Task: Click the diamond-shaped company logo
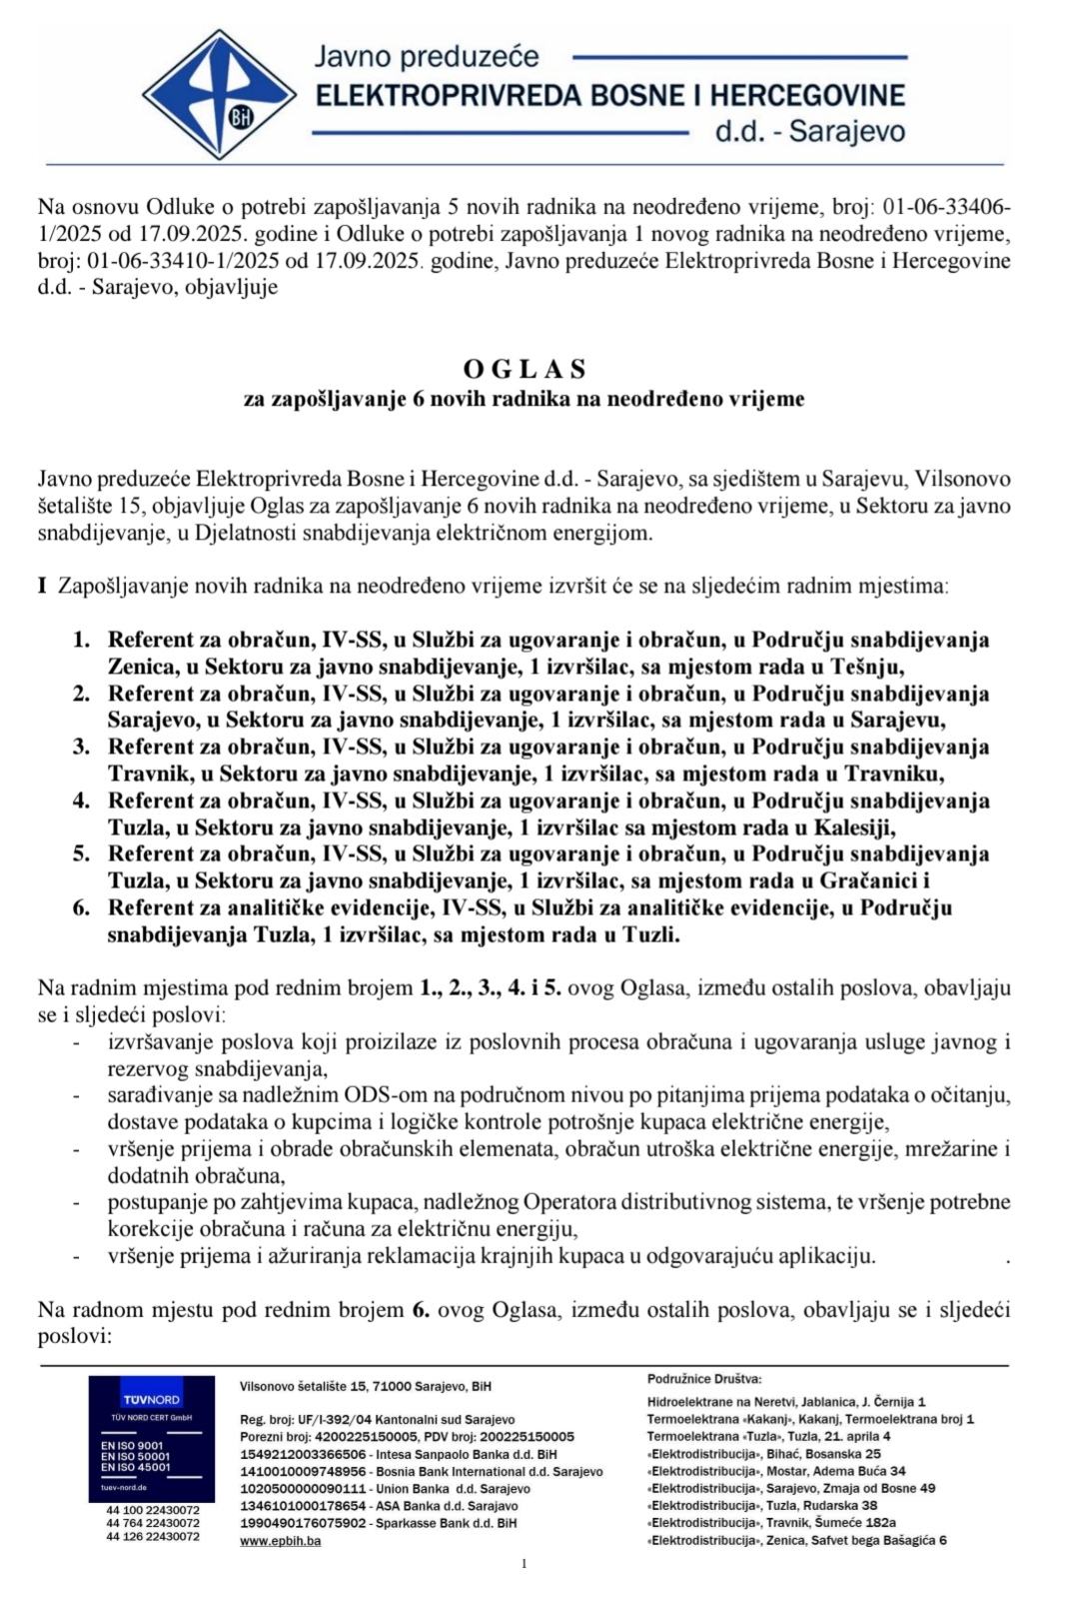pyautogui.click(x=219, y=95)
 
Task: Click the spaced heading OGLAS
pyautogui.click(x=525, y=370)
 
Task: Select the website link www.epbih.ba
pyautogui.click(x=281, y=1540)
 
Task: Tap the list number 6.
pyautogui.click(x=81, y=907)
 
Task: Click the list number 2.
pyautogui.click(x=81, y=694)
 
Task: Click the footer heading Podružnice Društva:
pyautogui.click(x=704, y=1378)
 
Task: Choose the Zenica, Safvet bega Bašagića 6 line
pyautogui.click(x=796, y=1540)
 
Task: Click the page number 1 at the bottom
pyautogui.click(x=525, y=1564)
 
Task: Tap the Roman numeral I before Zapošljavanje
pyautogui.click(x=43, y=586)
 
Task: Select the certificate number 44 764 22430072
pyautogui.click(x=153, y=1523)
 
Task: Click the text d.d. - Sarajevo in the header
pyautogui.click(x=810, y=132)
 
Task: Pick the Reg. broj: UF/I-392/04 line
pyautogui.click(x=378, y=1419)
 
